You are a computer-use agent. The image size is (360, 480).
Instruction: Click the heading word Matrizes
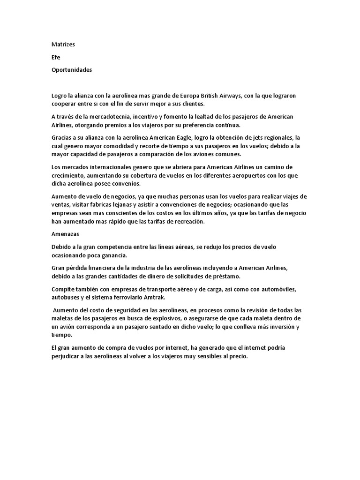coord(63,45)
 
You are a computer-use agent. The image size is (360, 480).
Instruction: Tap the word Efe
coord(56,57)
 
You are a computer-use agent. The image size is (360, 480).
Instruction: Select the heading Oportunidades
coord(72,70)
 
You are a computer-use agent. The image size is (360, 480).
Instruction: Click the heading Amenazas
coord(65,233)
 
